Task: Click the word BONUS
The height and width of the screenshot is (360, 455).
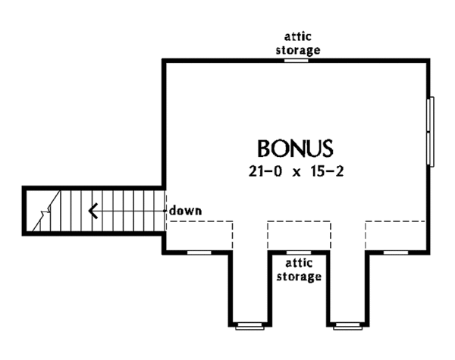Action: click(x=295, y=146)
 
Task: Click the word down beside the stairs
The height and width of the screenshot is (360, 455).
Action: click(x=186, y=210)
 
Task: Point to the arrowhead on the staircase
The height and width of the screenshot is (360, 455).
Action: click(x=94, y=210)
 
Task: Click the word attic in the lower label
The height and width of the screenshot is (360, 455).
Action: click(x=299, y=264)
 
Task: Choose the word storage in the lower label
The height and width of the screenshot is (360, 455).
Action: click(x=299, y=277)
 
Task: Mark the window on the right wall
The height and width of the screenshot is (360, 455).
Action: click(x=432, y=131)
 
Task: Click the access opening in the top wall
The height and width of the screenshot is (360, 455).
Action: click(x=297, y=60)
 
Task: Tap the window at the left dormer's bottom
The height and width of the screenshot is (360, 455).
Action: click(x=248, y=326)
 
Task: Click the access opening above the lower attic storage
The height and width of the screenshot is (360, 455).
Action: click(x=298, y=251)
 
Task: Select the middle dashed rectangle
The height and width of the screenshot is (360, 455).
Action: click(x=298, y=236)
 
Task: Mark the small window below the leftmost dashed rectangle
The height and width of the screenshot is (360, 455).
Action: click(x=199, y=251)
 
